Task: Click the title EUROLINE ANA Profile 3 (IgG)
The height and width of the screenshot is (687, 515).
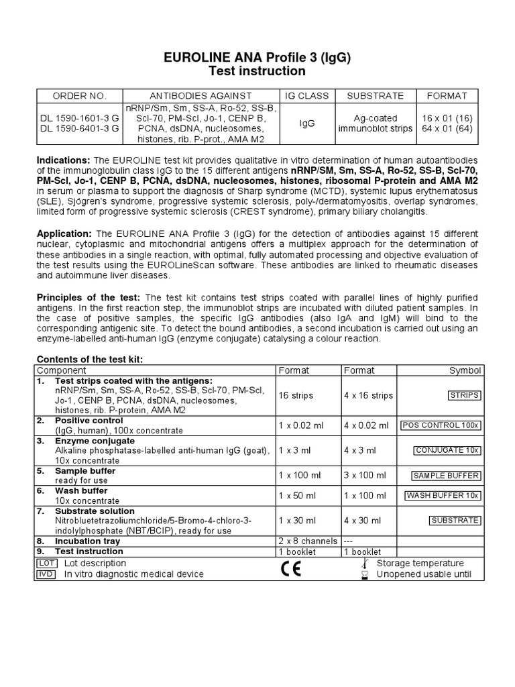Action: click(257, 56)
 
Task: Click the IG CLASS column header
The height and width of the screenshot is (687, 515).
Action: click(308, 96)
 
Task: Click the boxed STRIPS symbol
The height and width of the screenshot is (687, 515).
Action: click(463, 395)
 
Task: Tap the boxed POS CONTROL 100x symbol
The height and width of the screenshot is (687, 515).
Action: click(440, 425)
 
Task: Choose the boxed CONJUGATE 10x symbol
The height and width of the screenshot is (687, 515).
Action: click(447, 450)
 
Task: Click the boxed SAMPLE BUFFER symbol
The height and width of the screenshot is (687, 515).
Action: click(445, 476)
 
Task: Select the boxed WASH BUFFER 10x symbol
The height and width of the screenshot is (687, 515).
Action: click(442, 495)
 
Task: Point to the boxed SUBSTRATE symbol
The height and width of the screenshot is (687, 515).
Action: click(455, 520)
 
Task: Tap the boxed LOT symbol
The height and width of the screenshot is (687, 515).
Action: click(47, 563)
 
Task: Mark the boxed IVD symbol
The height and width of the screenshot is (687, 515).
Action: click(47, 574)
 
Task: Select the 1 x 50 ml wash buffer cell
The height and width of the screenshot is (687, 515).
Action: click(299, 495)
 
